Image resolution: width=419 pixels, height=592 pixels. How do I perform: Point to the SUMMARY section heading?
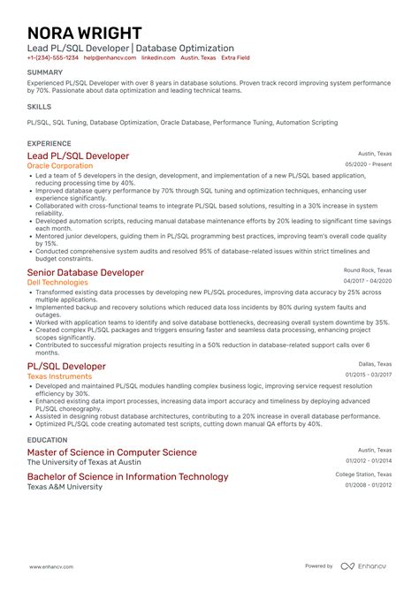[x=45, y=72]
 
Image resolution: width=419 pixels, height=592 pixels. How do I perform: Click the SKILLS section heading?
[x=39, y=105]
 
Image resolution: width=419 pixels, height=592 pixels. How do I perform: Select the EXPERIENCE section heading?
[x=50, y=142]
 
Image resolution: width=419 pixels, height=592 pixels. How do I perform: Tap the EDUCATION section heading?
[x=48, y=439]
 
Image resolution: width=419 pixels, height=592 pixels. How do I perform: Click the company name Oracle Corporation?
[x=60, y=165]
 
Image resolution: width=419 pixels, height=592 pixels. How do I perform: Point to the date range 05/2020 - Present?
[x=368, y=164]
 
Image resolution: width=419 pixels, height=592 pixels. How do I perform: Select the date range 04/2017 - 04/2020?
[x=368, y=281]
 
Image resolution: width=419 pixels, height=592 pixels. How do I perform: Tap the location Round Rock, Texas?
[x=368, y=269]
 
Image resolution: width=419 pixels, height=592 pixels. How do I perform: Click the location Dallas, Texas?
[x=375, y=363]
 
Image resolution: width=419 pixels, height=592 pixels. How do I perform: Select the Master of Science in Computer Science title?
[x=112, y=452]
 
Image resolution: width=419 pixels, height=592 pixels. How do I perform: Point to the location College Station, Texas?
[x=363, y=474]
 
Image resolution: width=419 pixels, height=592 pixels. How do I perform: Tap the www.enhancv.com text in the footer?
[x=52, y=566]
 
